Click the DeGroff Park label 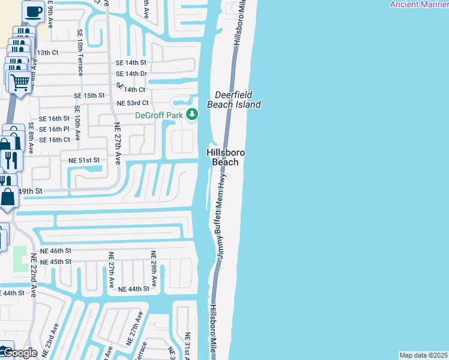[158, 115]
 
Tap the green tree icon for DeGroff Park [191, 114]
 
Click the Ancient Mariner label [418, 4]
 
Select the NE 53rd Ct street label [133, 103]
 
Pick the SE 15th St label [89, 95]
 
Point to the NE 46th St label [56, 250]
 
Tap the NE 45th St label [56, 262]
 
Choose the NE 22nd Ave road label [34, 274]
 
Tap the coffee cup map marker [33, 11]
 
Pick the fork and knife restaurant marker [11, 160]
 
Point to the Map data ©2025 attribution [423, 355]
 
